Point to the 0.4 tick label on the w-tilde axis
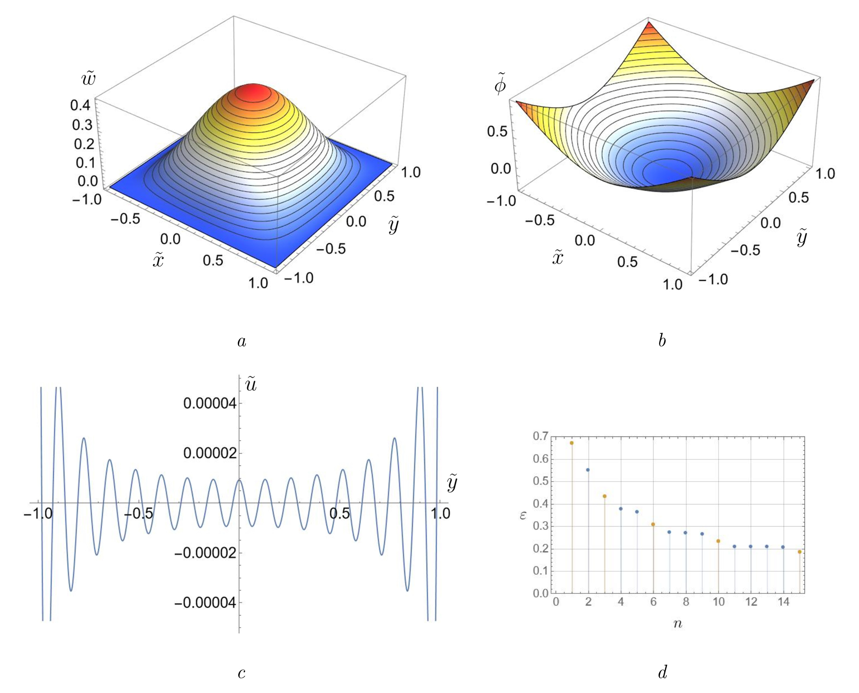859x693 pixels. pyautogui.click(x=81, y=105)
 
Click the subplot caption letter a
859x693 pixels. pyautogui.click(x=242, y=341)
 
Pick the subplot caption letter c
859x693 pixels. pyautogui.click(x=242, y=673)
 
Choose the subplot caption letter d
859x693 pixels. pyautogui.click(x=662, y=672)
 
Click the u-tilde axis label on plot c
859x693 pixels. pyautogui.click(x=251, y=385)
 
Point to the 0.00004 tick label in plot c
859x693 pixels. pyautogui.click(x=209, y=403)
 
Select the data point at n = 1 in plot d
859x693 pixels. pyautogui.click(x=571, y=443)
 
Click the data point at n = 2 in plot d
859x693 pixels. pyautogui.click(x=588, y=470)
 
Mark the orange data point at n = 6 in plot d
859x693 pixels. pyautogui.click(x=653, y=525)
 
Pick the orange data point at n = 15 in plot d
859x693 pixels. pyautogui.click(x=799, y=552)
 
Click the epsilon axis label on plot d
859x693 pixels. pyautogui.click(x=523, y=515)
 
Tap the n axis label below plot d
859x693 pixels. pyautogui.click(x=678, y=624)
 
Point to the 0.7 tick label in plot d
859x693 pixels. pyautogui.click(x=541, y=436)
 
